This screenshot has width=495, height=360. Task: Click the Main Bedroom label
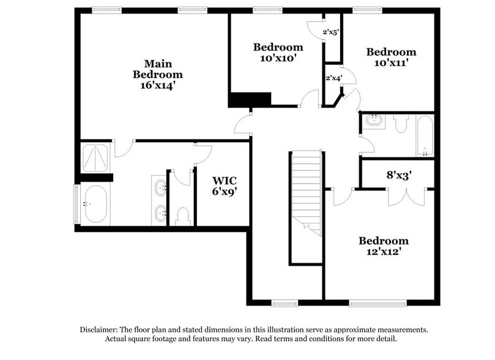(158, 69)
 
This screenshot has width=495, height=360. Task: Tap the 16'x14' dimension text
(158, 86)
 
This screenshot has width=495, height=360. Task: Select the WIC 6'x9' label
(225, 186)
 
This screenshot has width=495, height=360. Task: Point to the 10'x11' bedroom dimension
(390, 62)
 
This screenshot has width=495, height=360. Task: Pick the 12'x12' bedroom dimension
(383, 251)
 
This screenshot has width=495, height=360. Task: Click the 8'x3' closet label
(398, 174)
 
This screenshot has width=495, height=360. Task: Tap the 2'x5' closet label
(331, 32)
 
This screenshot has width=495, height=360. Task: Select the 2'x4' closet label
(333, 78)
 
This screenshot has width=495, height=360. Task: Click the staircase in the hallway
(305, 190)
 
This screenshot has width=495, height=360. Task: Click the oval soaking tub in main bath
(95, 203)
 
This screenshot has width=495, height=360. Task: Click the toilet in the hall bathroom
(401, 125)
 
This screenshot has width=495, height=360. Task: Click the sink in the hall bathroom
(373, 121)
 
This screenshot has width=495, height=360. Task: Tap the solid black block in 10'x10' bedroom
(250, 99)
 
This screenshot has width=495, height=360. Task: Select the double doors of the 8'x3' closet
(406, 195)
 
